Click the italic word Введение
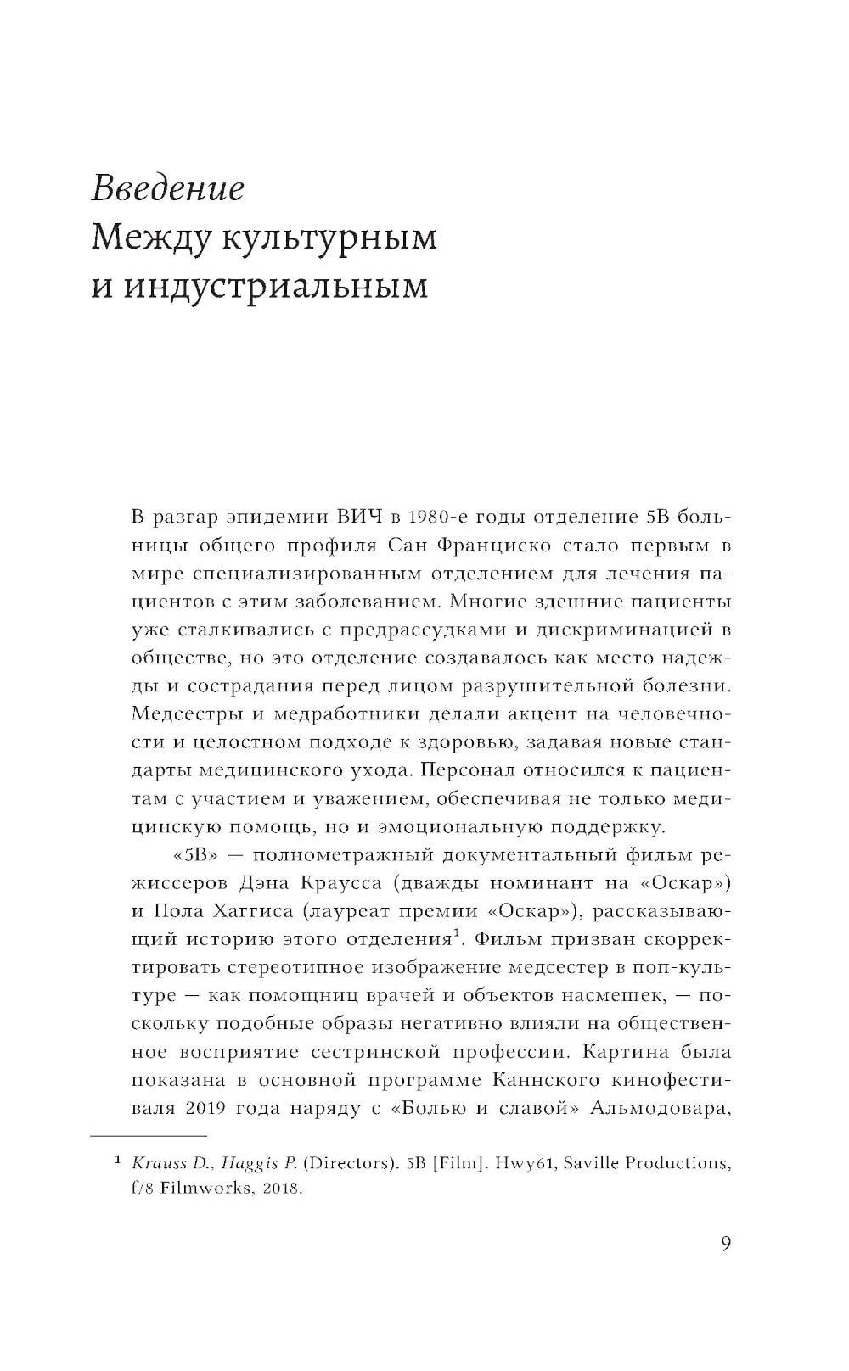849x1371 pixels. [167, 187]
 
